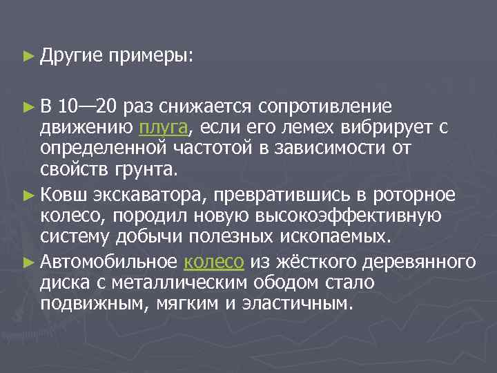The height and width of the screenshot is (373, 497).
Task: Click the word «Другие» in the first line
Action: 70,55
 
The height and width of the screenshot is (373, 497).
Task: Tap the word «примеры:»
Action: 150,55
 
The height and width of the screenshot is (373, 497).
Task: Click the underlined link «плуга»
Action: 163,128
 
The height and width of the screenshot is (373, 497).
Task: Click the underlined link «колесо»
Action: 214,262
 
